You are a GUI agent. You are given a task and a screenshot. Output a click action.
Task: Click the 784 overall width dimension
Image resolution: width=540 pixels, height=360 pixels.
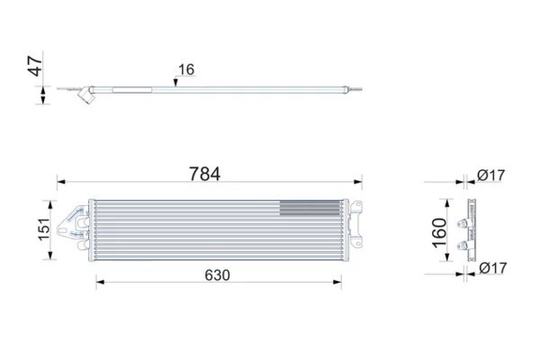click(204, 174)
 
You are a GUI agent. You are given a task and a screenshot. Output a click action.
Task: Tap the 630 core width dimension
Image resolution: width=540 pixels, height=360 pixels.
click(217, 275)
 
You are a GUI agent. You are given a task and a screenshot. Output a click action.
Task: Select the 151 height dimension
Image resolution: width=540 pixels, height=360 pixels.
click(44, 229)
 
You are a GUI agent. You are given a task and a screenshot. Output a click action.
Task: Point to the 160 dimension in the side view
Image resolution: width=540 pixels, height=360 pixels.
click(439, 233)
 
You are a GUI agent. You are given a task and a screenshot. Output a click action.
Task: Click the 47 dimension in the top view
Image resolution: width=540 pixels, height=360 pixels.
click(35, 67)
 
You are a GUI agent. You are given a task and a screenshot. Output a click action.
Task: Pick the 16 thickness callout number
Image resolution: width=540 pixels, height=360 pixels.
click(186, 69)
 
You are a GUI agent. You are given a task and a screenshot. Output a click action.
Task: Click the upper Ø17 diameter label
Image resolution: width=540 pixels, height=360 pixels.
click(491, 175)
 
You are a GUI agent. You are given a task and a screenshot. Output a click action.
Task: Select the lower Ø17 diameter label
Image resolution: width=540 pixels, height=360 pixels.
click(493, 267)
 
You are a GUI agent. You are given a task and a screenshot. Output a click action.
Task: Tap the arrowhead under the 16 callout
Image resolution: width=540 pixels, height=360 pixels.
click(175, 83)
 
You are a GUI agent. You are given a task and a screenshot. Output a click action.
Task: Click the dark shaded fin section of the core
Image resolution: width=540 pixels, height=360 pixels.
click(310, 208)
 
